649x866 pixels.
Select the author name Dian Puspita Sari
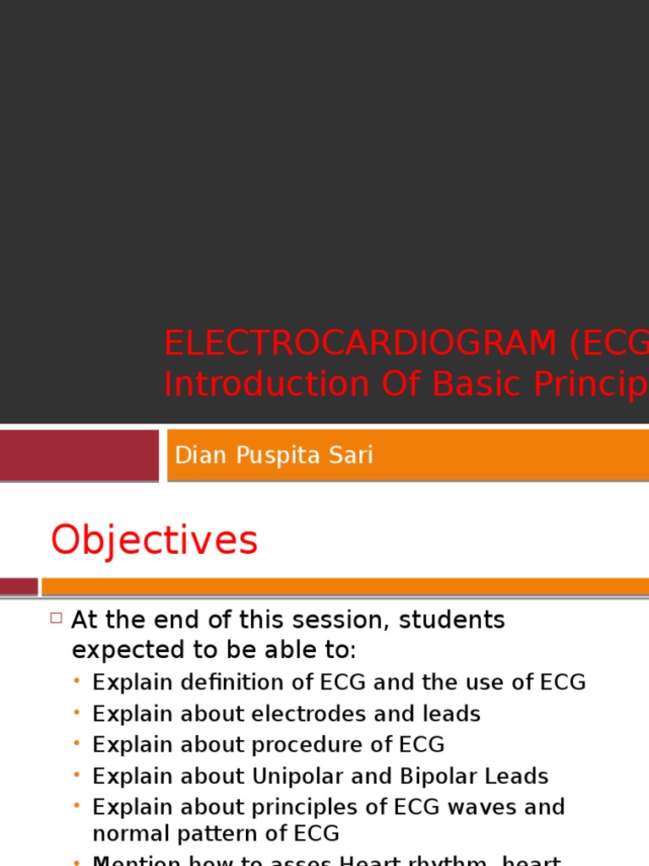[273, 456]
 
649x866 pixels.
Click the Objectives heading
[154, 540]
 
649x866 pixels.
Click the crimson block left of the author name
[79, 455]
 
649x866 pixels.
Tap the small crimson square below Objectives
[19, 586]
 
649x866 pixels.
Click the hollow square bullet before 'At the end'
[57, 618]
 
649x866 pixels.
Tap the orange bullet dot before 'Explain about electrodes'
[77, 714]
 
